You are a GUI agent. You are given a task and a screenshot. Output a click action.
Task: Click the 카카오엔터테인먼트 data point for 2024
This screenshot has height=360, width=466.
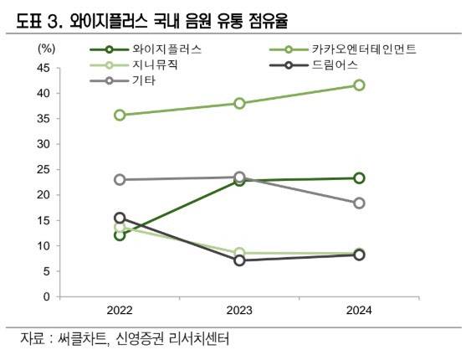(359, 85)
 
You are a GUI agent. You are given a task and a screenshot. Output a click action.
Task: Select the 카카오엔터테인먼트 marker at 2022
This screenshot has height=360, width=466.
(120, 116)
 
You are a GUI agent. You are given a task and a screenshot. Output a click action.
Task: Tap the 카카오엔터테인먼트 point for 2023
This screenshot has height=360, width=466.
(239, 104)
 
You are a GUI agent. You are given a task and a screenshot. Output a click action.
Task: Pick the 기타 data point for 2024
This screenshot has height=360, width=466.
(359, 203)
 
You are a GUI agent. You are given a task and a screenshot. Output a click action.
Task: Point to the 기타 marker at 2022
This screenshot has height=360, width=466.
(120, 180)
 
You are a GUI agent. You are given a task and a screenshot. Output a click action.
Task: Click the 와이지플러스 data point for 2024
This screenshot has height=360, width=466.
(359, 178)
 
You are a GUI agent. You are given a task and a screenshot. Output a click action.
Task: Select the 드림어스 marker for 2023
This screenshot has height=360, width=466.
(239, 260)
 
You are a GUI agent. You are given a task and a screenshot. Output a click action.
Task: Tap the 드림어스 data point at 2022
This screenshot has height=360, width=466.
(120, 218)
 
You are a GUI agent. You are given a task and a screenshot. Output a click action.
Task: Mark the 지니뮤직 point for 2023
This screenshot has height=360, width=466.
(239, 253)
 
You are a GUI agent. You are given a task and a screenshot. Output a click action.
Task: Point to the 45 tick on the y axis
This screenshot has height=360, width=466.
(44, 68)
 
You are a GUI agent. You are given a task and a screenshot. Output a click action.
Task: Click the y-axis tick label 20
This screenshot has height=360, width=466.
(44, 195)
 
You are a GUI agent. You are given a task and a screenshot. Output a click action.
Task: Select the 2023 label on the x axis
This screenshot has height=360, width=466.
(239, 311)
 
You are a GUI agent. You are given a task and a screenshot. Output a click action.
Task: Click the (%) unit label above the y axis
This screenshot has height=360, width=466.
(46, 49)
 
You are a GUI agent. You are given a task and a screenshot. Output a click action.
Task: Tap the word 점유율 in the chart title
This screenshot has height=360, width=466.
(269, 21)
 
